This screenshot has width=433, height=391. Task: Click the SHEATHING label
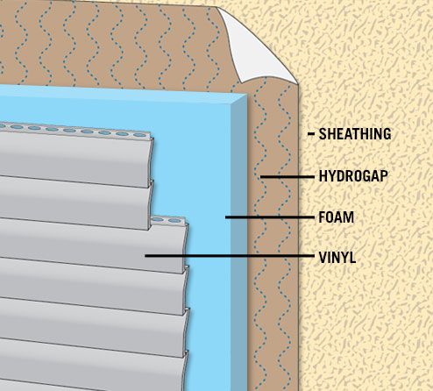pyautogui.click(x=355, y=134)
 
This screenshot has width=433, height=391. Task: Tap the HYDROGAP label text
pyautogui.click(x=353, y=176)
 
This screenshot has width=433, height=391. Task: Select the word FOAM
pyautogui.click(x=336, y=217)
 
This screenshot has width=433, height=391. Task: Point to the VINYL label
pyautogui.click(x=337, y=258)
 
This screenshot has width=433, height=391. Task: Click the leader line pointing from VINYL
pyautogui.click(x=230, y=256)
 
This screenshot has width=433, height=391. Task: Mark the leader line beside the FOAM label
pyautogui.click(x=270, y=217)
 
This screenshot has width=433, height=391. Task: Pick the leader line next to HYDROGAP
pyautogui.click(x=287, y=177)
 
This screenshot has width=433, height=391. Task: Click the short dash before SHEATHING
pyautogui.click(x=311, y=134)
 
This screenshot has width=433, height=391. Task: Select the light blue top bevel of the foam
pyautogui.click(x=123, y=94)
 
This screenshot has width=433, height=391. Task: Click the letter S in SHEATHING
pyautogui.click(x=323, y=134)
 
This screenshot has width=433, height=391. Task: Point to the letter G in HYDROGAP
pyautogui.click(x=367, y=176)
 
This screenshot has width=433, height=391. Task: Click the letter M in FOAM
pyautogui.click(x=349, y=217)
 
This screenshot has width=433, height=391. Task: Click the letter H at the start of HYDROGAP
pyautogui.click(x=323, y=176)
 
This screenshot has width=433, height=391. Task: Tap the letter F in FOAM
pyautogui.click(x=322, y=217)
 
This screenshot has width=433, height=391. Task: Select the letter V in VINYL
pyautogui.click(x=323, y=258)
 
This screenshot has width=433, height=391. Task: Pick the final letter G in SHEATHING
pyautogui.click(x=387, y=134)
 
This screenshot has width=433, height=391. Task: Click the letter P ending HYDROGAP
pyautogui.click(x=384, y=176)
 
